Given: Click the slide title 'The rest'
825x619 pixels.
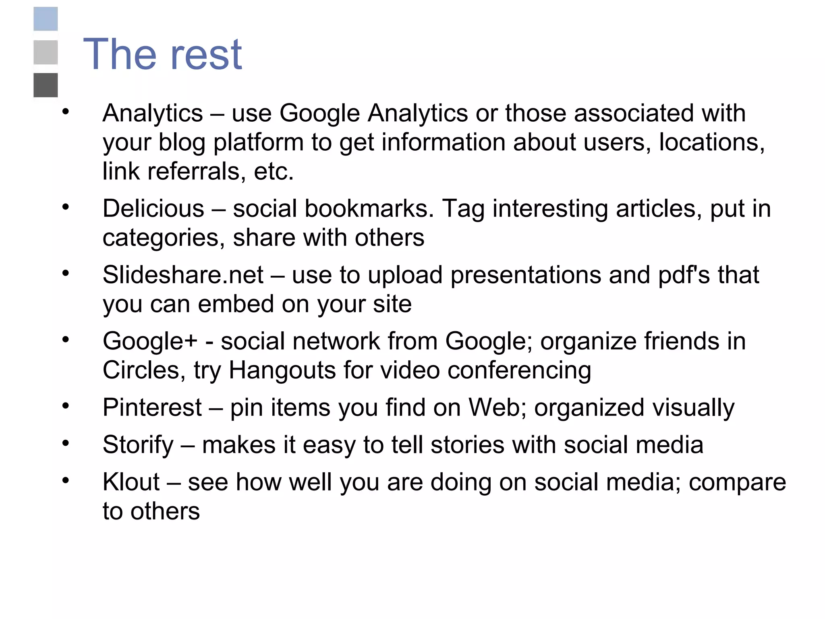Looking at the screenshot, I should click(162, 54).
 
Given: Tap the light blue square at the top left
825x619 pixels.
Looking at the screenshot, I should click(46, 19).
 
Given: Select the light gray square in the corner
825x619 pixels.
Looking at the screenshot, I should click(46, 52).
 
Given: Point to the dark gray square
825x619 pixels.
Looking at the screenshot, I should click(46, 85).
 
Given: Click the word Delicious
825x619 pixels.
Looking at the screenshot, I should click(153, 209).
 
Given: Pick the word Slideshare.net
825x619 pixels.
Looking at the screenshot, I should click(183, 275).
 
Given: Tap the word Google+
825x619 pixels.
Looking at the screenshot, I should click(150, 341).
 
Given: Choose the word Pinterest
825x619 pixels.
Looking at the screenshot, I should click(152, 407).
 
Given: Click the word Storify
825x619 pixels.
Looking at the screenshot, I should click(138, 445).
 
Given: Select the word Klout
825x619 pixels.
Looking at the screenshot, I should click(131, 482).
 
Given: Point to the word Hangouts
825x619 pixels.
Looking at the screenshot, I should click(282, 370).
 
